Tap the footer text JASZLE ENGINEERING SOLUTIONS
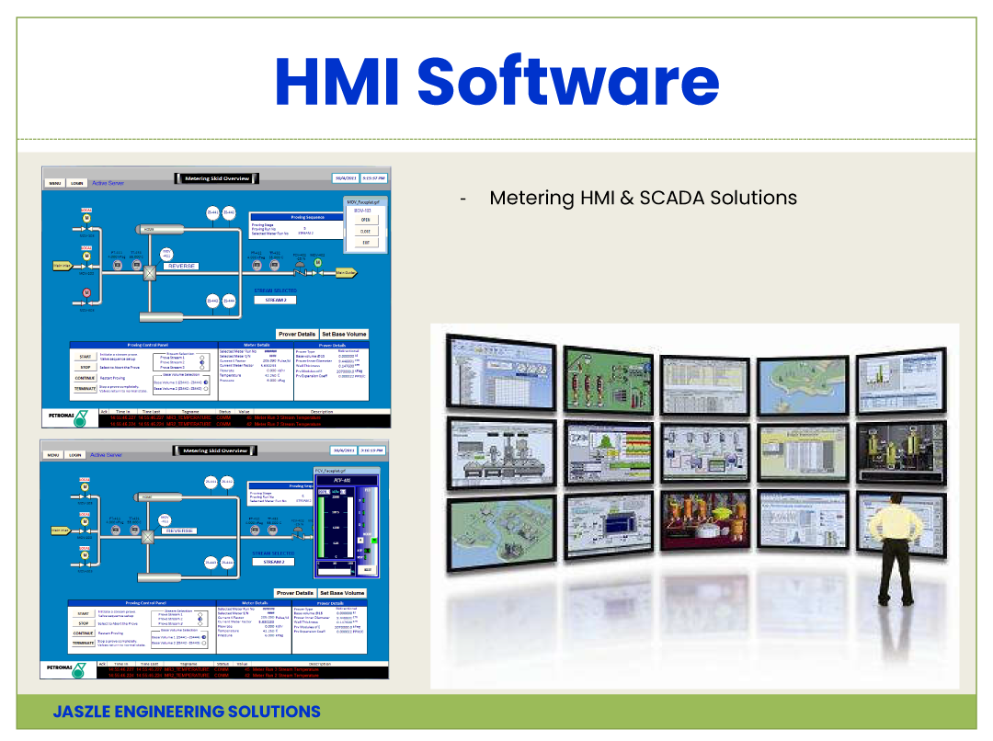click(187, 712)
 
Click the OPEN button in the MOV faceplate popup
click(365, 220)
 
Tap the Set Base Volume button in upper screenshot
click(344, 334)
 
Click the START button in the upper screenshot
click(84, 356)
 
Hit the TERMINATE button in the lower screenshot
click(84, 644)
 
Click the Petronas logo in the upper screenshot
click(67, 416)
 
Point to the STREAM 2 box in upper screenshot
click(275, 300)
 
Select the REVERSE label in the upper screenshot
click(182, 266)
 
